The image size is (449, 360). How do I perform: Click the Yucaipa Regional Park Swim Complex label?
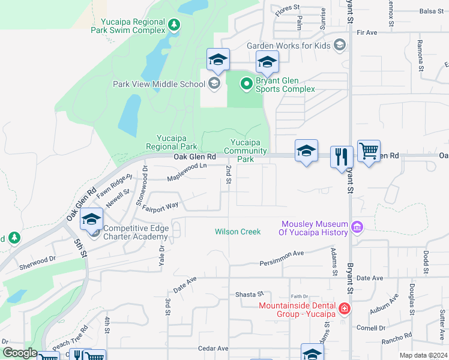(128, 25)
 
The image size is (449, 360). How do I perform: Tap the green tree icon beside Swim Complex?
(174, 25)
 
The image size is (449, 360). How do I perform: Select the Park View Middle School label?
(159, 84)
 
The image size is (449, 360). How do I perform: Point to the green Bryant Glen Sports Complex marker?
(246, 84)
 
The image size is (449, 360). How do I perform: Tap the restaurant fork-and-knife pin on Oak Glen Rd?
(342, 157)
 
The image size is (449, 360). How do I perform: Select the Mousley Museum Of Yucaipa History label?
(314, 228)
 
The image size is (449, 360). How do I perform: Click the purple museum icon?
(357, 227)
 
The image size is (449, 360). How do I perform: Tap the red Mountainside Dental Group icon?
(344, 309)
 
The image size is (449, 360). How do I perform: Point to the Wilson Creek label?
(238, 232)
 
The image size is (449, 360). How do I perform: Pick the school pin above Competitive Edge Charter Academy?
(91, 220)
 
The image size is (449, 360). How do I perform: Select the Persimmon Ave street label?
(282, 263)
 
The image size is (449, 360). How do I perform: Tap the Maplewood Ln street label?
(187, 172)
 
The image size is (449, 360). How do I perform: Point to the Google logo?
(19, 353)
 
